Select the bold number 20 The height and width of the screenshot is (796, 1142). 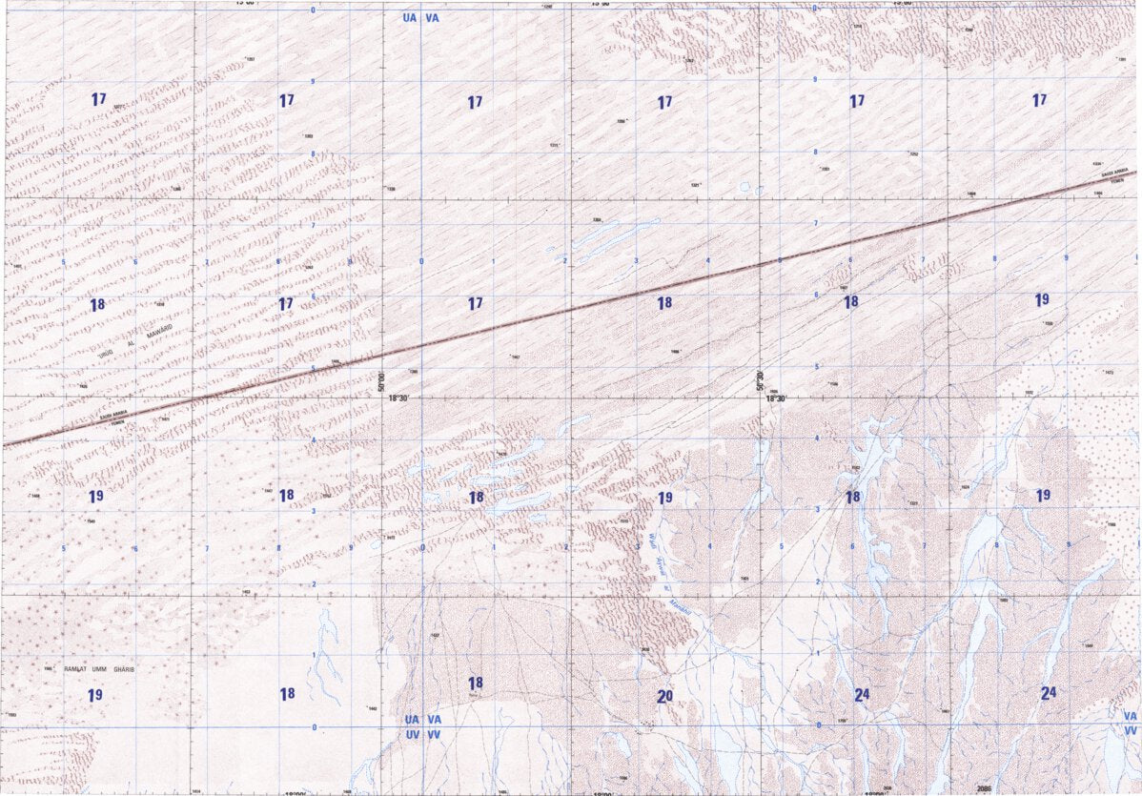pyautogui.click(x=664, y=697)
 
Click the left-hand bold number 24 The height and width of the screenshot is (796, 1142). pyautogui.click(x=862, y=695)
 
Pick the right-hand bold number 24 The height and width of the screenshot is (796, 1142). pyautogui.click(x=1049, y=693)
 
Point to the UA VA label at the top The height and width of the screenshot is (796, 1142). pyautogui.click(x=421, y=18)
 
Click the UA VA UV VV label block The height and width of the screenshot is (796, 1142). pyautogui.click(x=421, y=727)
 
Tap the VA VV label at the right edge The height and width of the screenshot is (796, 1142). pyautogui.click(x=1130, y=723)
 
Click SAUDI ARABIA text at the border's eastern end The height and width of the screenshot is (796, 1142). pyautogui.click(x=1112, y=173)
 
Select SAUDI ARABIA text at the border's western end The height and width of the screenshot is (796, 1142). pyautogui.click(x=112, y=415)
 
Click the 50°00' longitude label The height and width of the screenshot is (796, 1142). pyautogui.click(x=379, y=382)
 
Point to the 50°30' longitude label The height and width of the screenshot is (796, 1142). pyautogui.click(x=760, y=381)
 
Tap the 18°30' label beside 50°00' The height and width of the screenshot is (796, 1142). pyautogui.click(x=398, y=399)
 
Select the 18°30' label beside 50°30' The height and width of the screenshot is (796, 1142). pyautogui.click(x=777, y=399)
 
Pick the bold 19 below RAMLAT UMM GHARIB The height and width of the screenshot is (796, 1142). pyautogui.click(x=94, y=695)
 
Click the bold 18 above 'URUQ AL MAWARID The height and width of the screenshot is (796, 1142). pyautogui.click(x=96, y=305)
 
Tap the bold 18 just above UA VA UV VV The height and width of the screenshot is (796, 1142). pyautogui.click(x=475, y=684)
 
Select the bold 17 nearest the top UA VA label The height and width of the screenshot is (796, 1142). pyautogui.click(x=475, y=102)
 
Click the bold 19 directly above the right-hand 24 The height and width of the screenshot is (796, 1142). pyautogui.click(x=1043, y=495)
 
